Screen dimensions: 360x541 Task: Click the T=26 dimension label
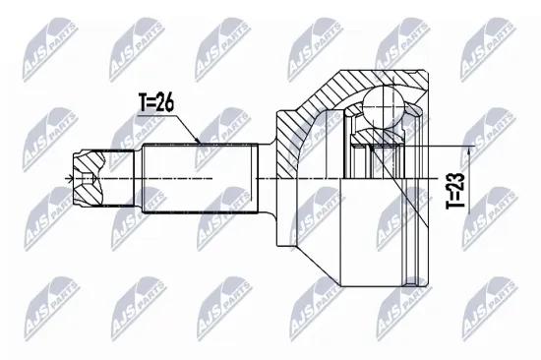(x=158, y=101)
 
